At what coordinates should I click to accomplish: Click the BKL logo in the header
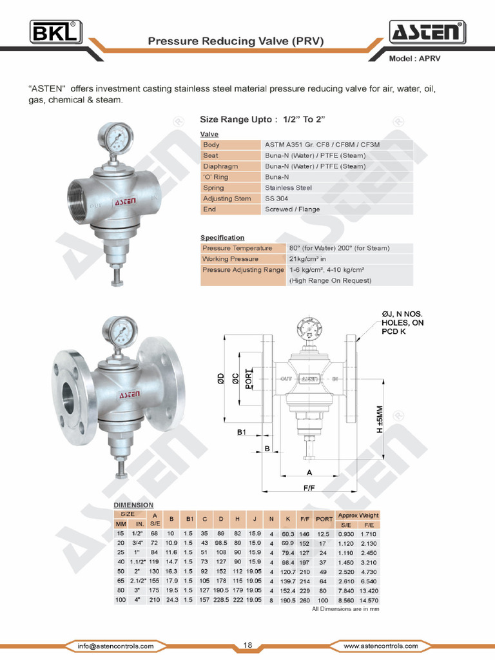[x=55, y=31]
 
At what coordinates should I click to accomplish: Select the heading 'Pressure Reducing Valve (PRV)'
[x=235, y=41]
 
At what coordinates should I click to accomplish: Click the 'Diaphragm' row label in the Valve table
[x=220, y=166]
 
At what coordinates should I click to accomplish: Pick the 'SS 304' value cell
[x=277, y=199]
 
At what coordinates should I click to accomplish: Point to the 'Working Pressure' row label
[x=230, y=259]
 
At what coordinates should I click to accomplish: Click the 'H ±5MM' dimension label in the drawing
[x=380, y=419]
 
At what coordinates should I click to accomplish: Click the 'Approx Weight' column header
[x=358, y=516]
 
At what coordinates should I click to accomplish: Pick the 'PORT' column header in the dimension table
[x=324, y=519]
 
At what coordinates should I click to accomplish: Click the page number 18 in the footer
[x=247, y=645]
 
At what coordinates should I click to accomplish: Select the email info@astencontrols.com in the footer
[x=115, y=646]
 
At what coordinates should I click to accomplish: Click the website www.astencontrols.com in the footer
[x=379, y=646]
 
